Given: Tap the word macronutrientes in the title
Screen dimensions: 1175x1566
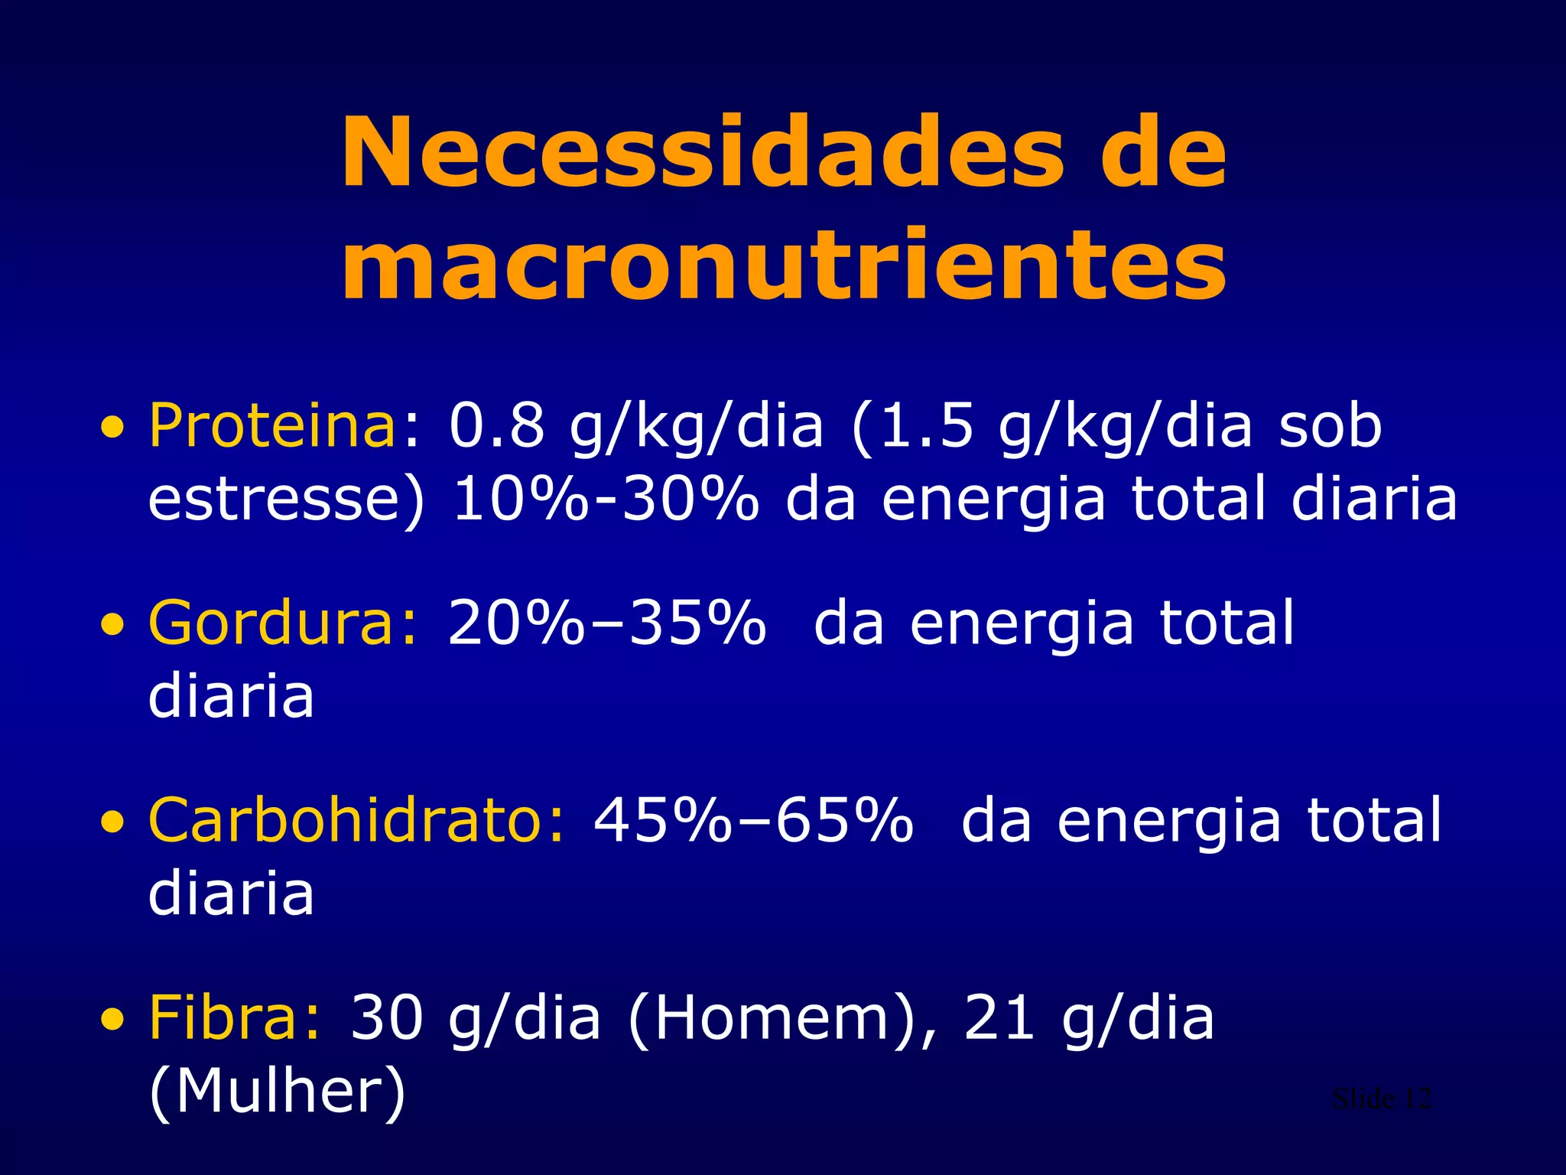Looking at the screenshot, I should click(x=784, y=265).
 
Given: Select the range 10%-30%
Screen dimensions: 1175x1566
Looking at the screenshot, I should click(x=606, y=499).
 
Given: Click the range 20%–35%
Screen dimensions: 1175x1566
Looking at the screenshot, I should click(x=606, y=623).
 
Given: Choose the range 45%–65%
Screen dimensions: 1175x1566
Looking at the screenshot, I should click(x=753, y=820).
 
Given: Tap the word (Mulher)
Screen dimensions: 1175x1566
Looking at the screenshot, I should click(x=277, y=1092).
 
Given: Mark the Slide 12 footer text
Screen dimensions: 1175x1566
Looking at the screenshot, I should click(x=1381, y=1099).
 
